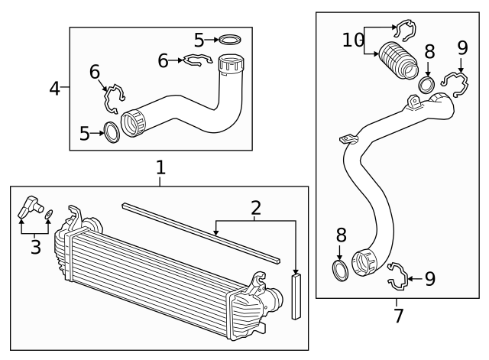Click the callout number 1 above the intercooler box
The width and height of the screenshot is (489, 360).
click(160, 166)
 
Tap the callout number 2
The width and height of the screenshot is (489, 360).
click(255, 207)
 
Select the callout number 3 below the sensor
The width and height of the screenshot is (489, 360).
click(35, 246)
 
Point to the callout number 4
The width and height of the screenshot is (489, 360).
click(54, 89)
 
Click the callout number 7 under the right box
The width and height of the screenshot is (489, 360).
click(397, 314)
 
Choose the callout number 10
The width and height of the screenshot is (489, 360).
click(353, 40)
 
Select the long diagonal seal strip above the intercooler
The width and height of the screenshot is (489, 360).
click(202, 227)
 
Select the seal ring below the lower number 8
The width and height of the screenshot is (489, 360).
click(340, 271)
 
